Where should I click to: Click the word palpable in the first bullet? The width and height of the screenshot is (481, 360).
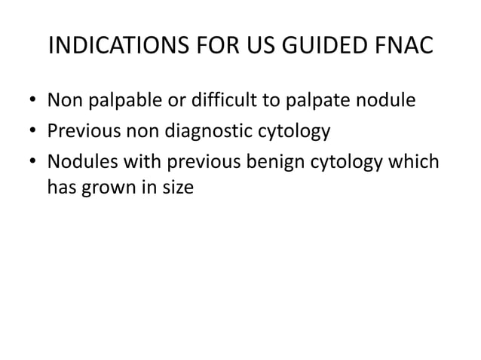pyautogui.click(x=117, y=100)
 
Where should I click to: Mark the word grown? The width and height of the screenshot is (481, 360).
pyautogui.click(x=101, y=188)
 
